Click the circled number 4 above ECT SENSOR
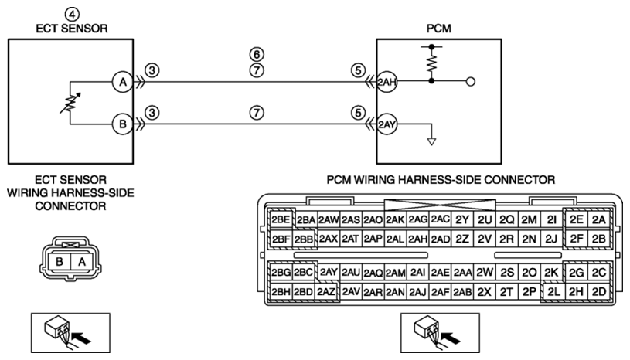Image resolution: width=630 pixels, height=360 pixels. (72, 15)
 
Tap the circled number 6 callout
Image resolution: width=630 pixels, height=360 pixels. (257, 54)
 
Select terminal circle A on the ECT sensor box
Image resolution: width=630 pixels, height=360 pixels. (123, 82)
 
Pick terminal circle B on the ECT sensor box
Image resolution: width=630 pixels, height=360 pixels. (123, 124)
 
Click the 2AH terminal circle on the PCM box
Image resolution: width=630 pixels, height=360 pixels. (387, 82)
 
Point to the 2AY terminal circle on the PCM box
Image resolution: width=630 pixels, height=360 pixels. (387, 124)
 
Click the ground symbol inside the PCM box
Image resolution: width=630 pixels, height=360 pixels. (431, 141)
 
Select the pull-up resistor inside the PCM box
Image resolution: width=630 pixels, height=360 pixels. (431, 63)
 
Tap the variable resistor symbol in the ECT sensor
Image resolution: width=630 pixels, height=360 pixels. (70, 103)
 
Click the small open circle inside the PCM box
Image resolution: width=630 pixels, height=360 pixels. (471, 82)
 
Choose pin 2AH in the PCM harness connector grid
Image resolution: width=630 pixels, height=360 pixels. (418, 239)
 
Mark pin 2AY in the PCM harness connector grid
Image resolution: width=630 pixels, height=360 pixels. (329, 273)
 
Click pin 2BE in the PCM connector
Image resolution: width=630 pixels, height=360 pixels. (281, 219)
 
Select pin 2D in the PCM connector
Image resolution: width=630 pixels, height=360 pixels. (598, 292)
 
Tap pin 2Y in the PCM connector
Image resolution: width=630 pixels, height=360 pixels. (462, 220)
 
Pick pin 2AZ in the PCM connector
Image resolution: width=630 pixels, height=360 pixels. (325, 292)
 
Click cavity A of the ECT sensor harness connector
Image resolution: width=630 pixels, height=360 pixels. (82, 262)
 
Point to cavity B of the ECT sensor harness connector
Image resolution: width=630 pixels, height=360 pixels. (60, 262)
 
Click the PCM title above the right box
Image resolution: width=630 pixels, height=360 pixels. (439, 29)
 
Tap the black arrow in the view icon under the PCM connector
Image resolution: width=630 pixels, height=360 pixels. (451, 338)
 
